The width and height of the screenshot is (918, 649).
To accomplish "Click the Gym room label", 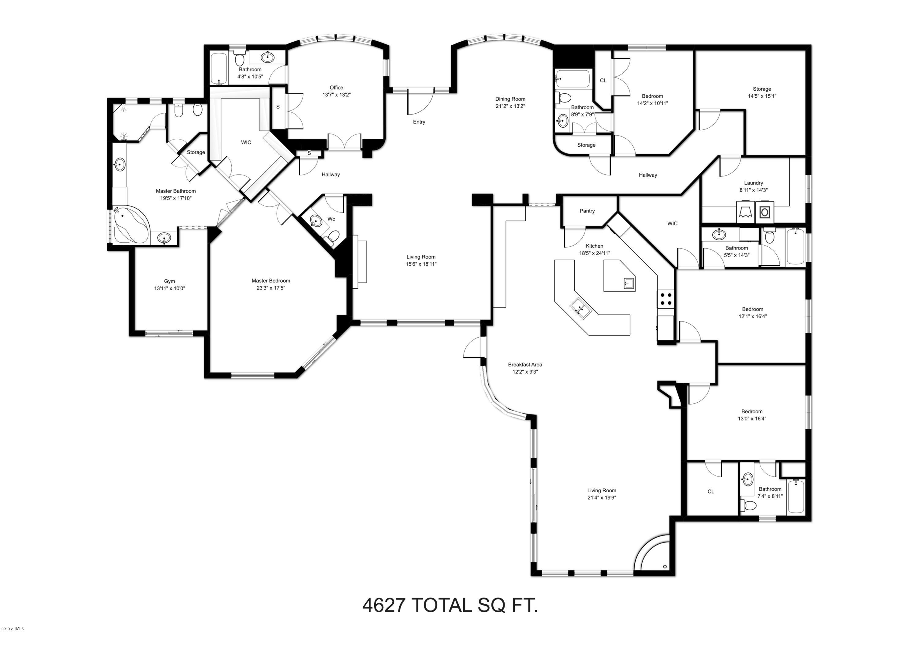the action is tap(170, 281).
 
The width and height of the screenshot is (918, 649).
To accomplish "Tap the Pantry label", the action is tap(587, 211).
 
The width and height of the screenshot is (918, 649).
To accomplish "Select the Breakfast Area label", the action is tap(525, 364).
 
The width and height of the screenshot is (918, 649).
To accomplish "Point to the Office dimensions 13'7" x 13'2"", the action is tap(336, 95).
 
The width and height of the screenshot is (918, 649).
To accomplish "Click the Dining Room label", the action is tap(510, 99).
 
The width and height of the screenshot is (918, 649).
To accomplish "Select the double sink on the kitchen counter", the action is tap(580, 308).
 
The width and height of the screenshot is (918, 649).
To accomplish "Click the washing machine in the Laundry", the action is tap(764, 212).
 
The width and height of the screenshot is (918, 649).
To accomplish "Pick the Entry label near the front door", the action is tap(419, 122).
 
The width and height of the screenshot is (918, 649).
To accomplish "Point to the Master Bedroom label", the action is tap(271, 281).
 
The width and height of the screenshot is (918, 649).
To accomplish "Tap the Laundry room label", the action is tap(753, 183).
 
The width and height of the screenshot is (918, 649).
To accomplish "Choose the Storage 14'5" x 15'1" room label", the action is tap(762, 89).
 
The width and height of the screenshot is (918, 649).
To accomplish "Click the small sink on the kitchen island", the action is tap(629, 283).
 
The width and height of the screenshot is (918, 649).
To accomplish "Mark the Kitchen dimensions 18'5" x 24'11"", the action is tap(594, 253).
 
